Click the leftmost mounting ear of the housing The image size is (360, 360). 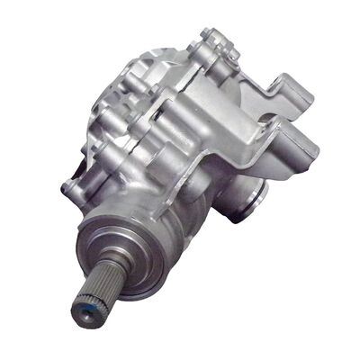tap(70, 187)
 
